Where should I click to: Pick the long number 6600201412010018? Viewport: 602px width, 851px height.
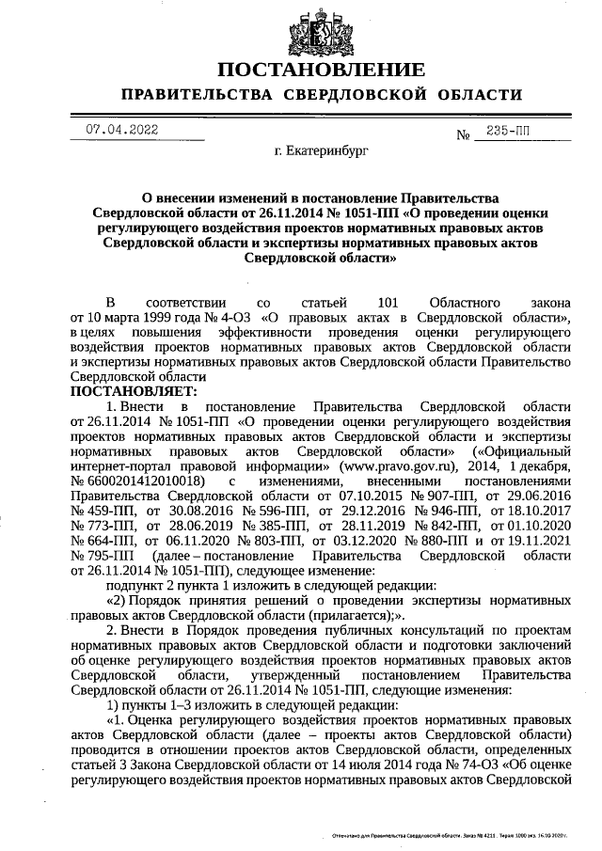click(144, 481)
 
